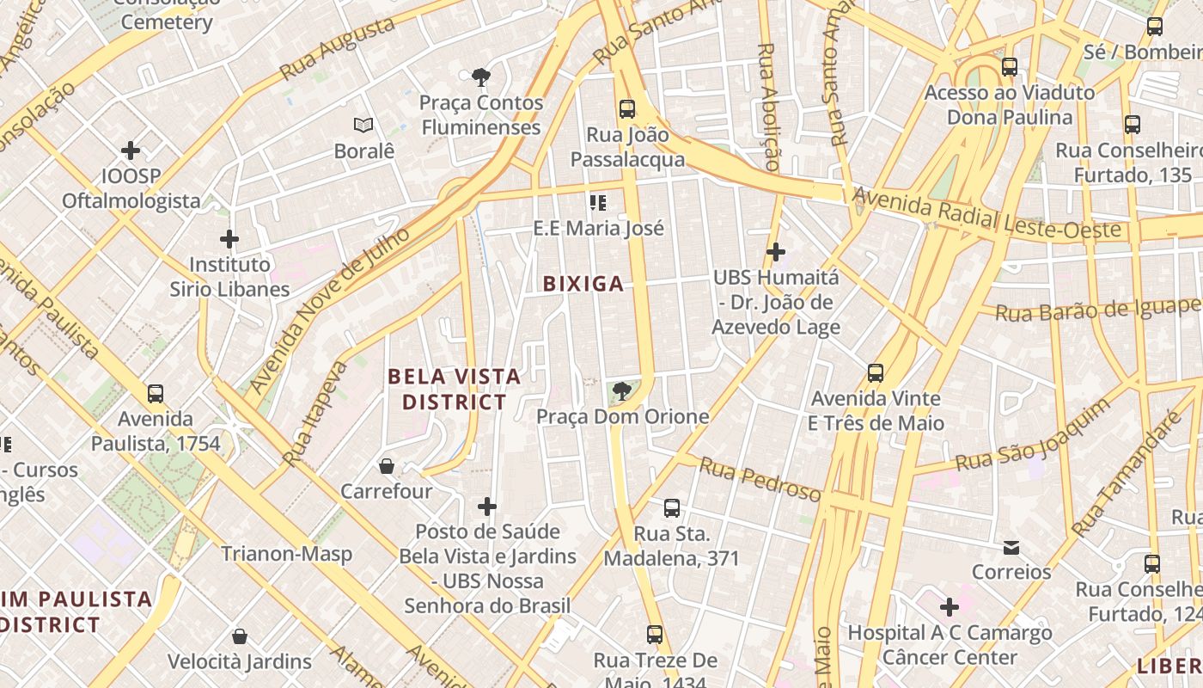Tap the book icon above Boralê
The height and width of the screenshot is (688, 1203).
[x=364, y=126]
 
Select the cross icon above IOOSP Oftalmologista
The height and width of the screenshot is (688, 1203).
[x=131, y=151]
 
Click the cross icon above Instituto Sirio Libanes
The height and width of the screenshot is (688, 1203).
[x=229, y=239]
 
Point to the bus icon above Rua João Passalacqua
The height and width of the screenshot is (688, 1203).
[x=627, y=109]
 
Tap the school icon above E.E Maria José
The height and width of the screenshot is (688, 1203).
[x=598, y=203]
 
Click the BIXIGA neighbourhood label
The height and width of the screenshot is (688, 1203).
[x=583, y=284]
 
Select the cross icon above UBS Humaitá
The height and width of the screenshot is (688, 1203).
[x=776, y=252]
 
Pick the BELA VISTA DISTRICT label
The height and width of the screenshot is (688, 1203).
[x=455, y=389]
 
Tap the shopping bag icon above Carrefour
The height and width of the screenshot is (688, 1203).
[x=387, y=466]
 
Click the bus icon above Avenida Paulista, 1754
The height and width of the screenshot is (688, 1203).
[x=156, y=394]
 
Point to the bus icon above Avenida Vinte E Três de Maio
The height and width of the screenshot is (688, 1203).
[x=876, y=373]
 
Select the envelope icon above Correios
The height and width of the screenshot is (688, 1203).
[x=1011, y=547]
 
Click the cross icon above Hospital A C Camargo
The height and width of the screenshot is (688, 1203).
[x=950, y=608]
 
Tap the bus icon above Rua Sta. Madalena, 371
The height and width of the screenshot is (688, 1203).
[x=672, y=508]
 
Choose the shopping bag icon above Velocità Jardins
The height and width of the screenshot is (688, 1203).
[x=240, y=636]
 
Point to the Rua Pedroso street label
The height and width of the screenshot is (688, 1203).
[x=760, y=479]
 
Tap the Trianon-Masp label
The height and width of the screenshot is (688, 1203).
[x=287, y=554]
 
